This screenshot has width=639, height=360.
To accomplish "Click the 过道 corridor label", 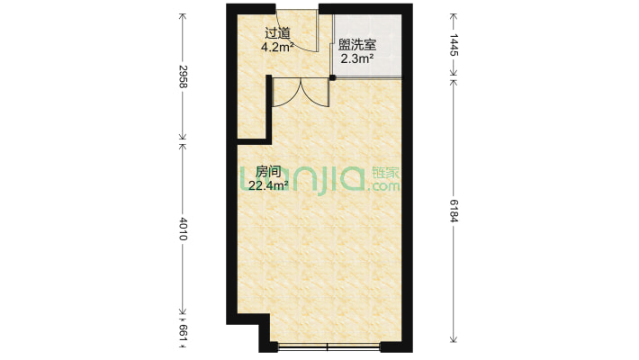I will [277, 32].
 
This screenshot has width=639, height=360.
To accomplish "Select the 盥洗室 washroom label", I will [357, 45].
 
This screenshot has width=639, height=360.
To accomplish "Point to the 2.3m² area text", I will [357, 59].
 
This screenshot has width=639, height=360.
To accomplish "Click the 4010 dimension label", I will [183, 229].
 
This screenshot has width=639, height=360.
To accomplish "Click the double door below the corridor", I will [301, 92].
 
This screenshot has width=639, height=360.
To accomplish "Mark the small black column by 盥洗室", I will [332, 78].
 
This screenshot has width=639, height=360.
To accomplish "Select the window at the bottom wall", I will [328, 346].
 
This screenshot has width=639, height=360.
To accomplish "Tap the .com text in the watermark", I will [384, 187].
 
